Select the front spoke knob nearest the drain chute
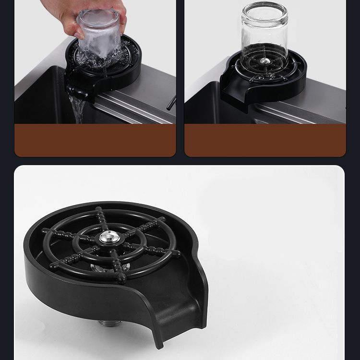coord(121,277)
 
